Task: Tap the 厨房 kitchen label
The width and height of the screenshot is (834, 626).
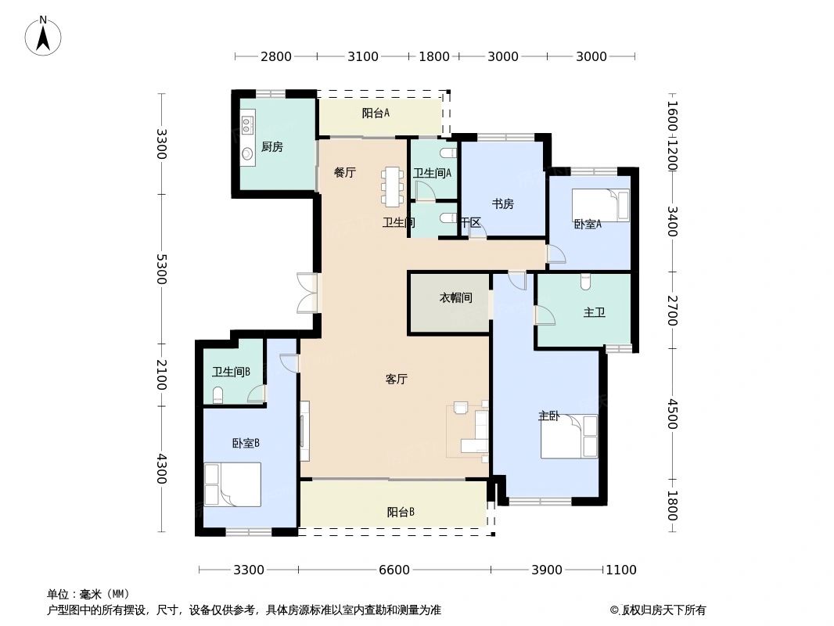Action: point(271,146)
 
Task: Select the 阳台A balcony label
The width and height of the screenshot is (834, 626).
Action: point(376,113)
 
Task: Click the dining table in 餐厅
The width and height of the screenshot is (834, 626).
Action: point(391,187)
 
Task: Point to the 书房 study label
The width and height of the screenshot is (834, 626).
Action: point(502,204)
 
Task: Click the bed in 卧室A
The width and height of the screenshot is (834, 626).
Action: point(600,206)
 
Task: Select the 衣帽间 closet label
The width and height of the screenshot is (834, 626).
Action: point(455,298)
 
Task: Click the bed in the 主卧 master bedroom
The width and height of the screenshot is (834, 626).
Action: point(569,437)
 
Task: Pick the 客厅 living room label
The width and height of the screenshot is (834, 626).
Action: point(397,380)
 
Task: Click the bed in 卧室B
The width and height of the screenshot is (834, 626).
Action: point(232,484)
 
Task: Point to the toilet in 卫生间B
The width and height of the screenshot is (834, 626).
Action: point(218,394)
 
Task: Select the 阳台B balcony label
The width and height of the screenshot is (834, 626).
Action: point(401,513)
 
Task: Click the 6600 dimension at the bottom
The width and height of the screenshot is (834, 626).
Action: point(394,570)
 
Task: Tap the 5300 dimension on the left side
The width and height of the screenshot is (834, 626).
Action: point(161,268)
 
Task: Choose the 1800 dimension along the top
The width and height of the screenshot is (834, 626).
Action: point(434,56)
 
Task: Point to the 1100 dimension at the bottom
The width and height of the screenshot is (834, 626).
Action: point(621,570)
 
